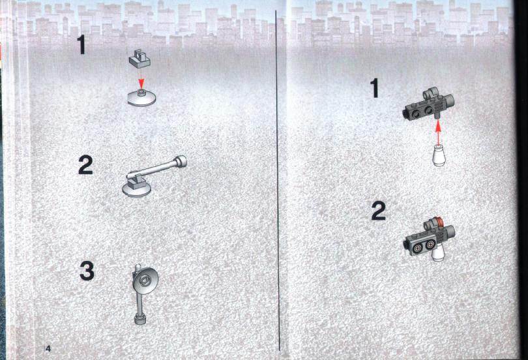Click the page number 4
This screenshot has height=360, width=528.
click(48, 348)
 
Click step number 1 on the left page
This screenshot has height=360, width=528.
click(81, 45)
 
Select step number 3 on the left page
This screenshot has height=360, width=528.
click(87, 271)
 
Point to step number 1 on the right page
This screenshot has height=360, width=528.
click(374, 88)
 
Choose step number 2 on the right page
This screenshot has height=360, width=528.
click(379, 211)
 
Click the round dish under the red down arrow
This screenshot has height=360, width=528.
click(141, 98)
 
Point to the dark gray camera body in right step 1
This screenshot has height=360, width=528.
click(429, 104)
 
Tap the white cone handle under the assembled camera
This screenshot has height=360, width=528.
click(437, 252)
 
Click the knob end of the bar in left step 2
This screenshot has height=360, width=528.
click(180, 161)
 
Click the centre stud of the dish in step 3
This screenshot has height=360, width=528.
click(146, 279)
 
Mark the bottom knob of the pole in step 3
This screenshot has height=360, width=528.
click(140, 320)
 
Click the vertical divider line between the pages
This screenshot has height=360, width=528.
click(278, 181)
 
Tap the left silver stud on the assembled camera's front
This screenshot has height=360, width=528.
click(418, 248)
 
